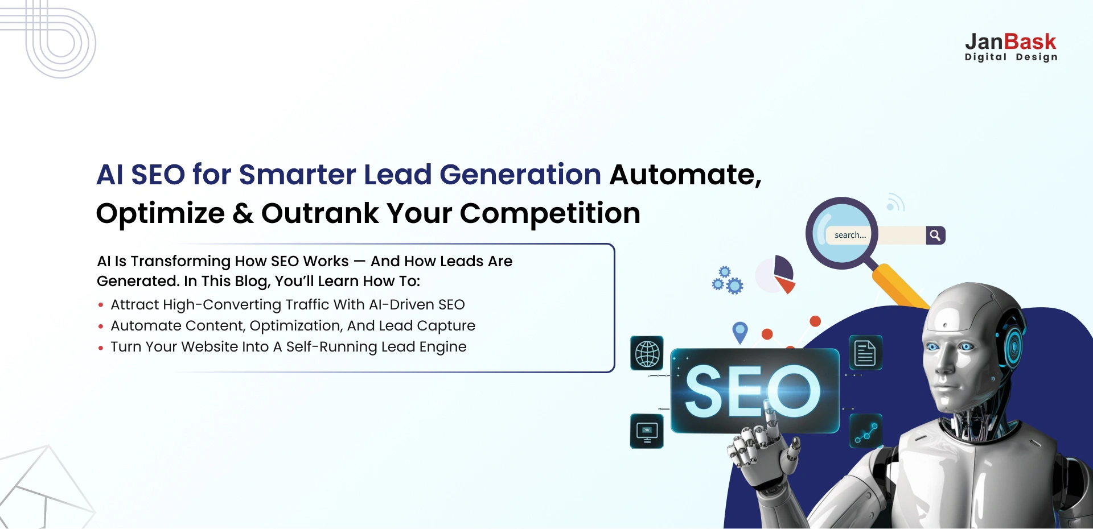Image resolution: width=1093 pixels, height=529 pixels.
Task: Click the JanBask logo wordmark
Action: [1010, 42]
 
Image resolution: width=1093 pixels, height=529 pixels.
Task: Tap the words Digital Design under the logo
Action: [1011, 57]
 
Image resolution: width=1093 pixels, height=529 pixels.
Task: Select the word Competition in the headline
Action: [550, 213]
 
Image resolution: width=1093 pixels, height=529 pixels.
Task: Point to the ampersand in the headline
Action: [243, 213]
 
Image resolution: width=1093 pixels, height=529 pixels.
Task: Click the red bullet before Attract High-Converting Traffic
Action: [101, 305]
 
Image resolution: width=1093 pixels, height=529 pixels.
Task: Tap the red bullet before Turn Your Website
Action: [101, 348]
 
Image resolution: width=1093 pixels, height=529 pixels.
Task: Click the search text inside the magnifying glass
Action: [850, 235]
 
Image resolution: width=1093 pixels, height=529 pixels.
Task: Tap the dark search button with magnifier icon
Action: [935, 235]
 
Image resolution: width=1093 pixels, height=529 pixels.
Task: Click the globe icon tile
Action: [647, 353]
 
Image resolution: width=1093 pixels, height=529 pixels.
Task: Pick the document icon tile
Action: [865, 353]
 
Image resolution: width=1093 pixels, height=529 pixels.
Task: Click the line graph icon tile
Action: [866, 431]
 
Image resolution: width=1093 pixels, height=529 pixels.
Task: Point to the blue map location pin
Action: [740, 331]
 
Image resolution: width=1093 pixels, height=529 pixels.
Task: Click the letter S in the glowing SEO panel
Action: [708, 391]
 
